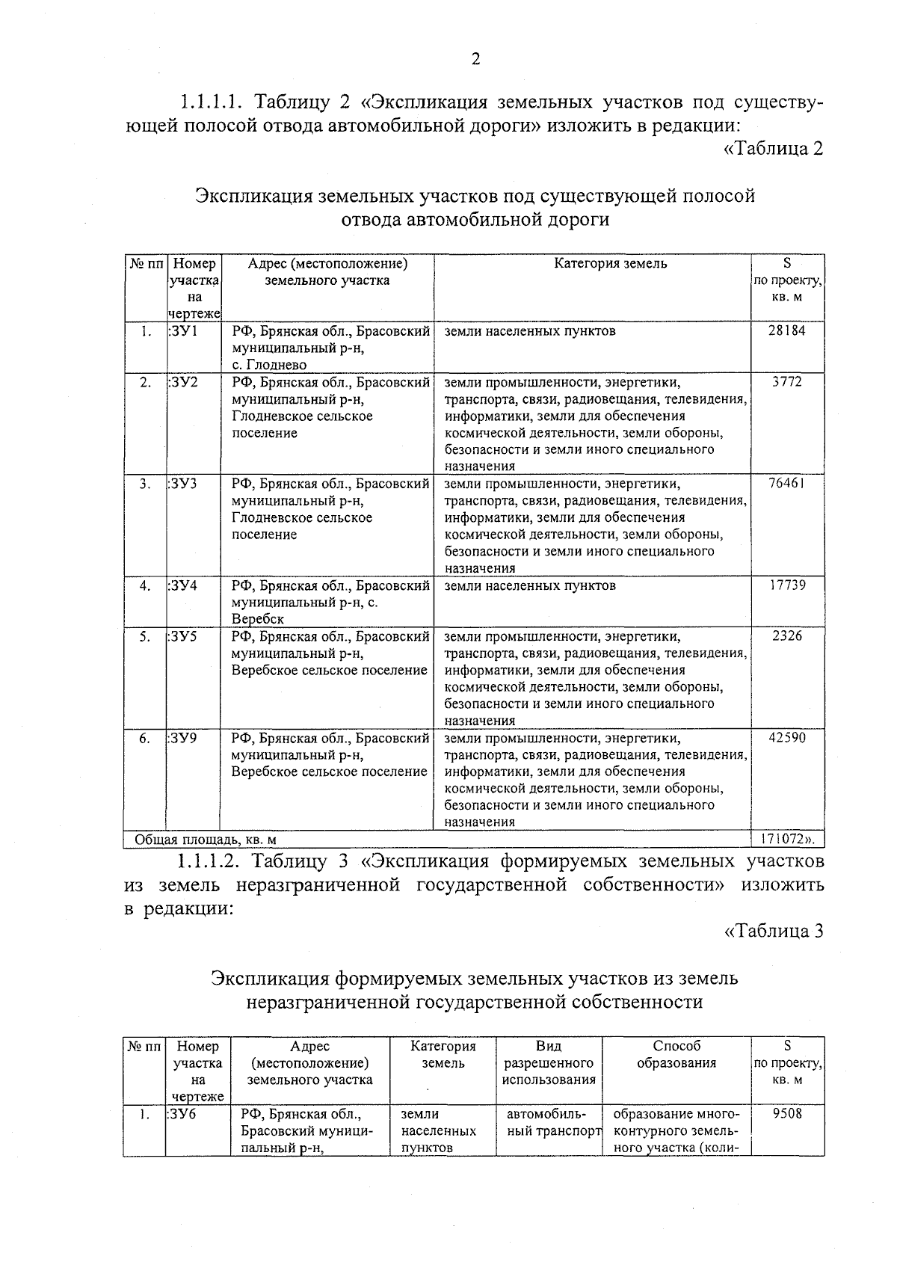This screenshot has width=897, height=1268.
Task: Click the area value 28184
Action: tap(787, 330)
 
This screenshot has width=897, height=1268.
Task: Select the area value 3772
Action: tap(787, 382)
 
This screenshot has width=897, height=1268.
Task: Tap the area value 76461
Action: tap(787, 484)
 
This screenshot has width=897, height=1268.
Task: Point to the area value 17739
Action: tap(787, 585)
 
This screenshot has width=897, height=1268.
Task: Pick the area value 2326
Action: tap(787, 636)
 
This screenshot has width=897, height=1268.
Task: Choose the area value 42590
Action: tap(787, 738)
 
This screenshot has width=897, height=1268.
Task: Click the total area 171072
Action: tap(787, 839)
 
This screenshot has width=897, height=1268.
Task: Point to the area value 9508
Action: tap(787, 1113)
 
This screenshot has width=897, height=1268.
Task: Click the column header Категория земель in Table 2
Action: tap(610, 263)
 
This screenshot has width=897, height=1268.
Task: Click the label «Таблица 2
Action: tap(774, 148)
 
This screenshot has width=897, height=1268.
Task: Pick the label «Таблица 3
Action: tap(774, 931)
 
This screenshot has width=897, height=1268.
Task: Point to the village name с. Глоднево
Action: tap(268, 365)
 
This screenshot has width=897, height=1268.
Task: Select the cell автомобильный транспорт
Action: tap(549, 1122)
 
